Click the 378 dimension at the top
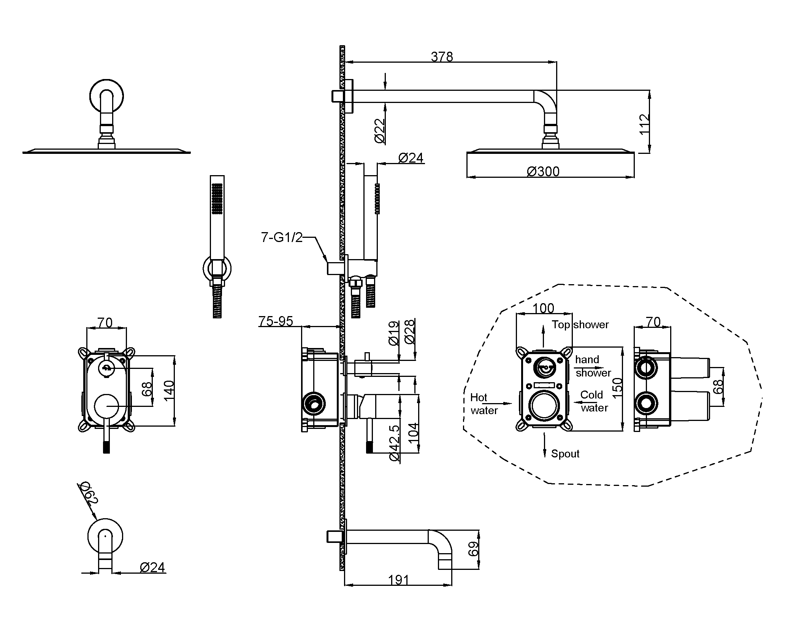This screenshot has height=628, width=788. (x=441, y=57)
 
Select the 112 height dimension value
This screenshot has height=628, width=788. (x=644, y=124)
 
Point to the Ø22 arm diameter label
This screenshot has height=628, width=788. (x=380, y=131)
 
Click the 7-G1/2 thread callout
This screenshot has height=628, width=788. (x=282, y=237)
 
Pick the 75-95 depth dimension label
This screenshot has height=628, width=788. (x=276, y=321)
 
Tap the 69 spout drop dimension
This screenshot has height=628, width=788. (x=473, y=549)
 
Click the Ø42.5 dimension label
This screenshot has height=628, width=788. (x=395, y=443)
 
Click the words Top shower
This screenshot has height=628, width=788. (x=580, y=324)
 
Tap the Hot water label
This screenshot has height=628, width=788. (x=484, y=404)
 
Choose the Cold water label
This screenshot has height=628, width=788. (x=594, y=401)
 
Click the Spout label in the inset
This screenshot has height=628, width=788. (x=565, y=454)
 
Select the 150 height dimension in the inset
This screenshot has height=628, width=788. (x=617, y=385)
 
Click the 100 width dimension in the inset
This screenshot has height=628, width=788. (x=543, y=308)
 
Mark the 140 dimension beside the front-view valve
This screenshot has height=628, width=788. (x=169, y=389)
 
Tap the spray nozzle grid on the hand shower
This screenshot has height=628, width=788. (x=217, y=199)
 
